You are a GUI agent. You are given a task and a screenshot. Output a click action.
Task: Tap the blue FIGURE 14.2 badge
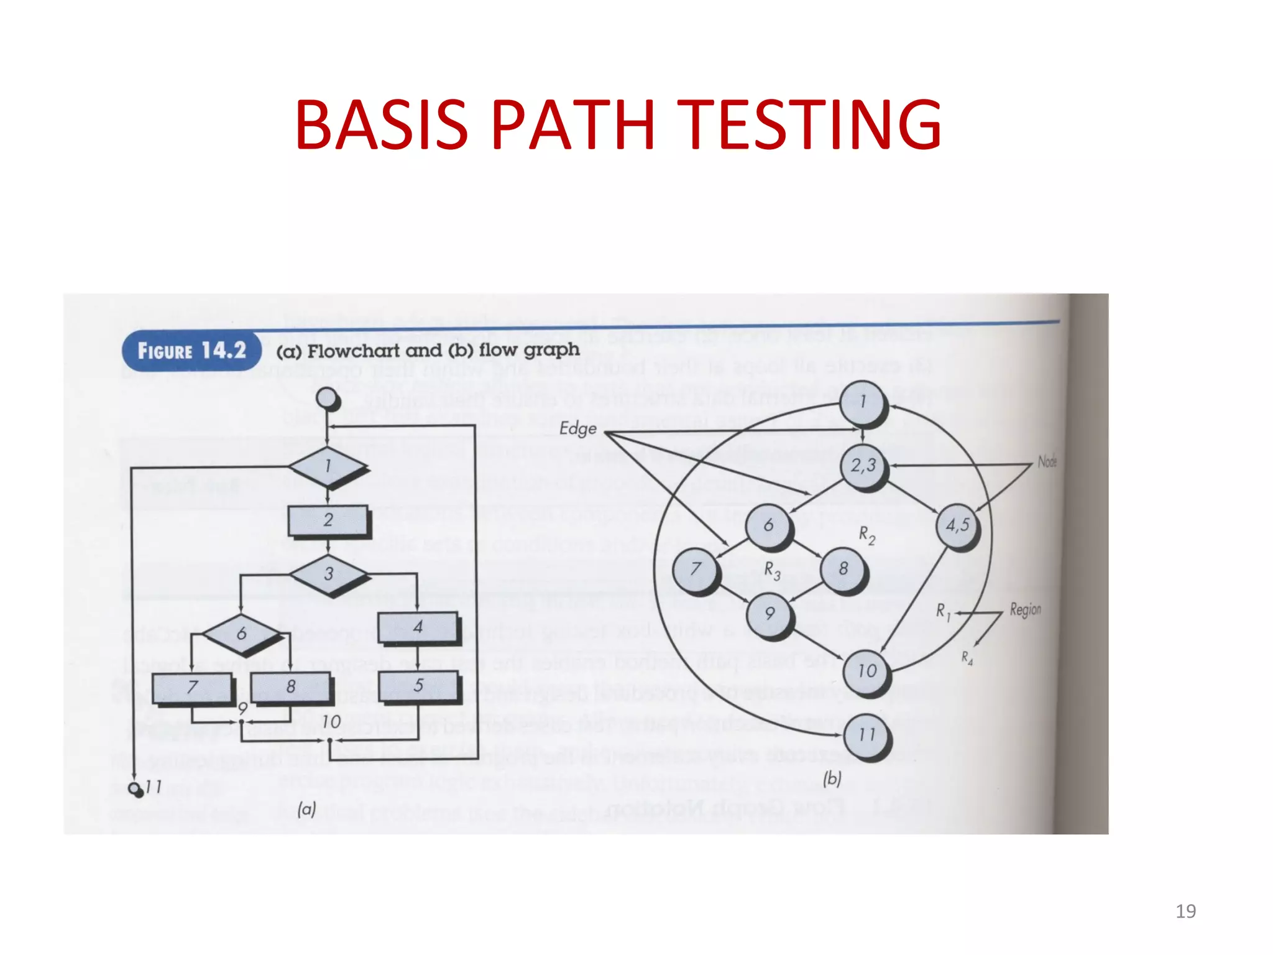click(191, 351)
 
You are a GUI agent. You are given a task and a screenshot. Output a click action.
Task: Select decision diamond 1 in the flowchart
click(328, 466)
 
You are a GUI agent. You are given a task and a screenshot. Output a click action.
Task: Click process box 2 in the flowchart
click(328, 520)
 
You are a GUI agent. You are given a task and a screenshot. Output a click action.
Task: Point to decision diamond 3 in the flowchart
click(329, 574)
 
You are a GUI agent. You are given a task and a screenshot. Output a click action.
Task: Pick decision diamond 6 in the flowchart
click(241, 634)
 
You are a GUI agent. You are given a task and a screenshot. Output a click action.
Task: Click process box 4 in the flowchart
click(418, 627)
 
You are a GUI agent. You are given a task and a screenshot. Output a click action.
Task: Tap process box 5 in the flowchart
click(418, 686)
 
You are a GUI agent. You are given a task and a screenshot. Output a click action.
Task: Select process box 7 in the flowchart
click(192, 688)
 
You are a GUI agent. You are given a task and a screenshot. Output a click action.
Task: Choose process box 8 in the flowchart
click(290, 687)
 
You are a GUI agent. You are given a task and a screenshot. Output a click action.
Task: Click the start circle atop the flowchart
click(327, 399)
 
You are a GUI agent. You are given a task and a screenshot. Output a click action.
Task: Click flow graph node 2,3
click(863, 465)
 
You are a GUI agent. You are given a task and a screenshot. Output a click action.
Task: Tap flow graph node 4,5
click(957, 525)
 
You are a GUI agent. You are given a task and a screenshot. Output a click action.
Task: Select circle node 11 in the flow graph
click(866, 735)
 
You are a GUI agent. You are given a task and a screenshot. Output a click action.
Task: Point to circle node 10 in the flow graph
click(866, 671)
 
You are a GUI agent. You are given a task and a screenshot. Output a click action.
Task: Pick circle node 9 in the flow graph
click(770, 614)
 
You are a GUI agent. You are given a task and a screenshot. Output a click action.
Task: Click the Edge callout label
click(577, 428)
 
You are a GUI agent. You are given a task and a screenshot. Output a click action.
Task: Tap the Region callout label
click(1025, 609)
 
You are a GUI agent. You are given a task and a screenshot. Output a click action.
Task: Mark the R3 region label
click(772, 570)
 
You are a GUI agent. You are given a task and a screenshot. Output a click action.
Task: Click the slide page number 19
click(1185, 911)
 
